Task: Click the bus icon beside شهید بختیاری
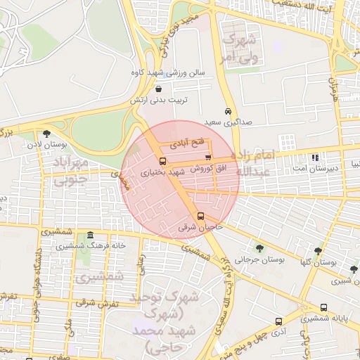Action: pos(163,161)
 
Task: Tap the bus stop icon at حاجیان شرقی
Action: pos(201,217)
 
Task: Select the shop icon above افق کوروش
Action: pos(207,157)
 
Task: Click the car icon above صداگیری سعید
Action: pos(228,112)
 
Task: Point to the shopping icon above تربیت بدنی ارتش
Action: pos(157,90)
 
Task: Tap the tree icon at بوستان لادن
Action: pos(46,134)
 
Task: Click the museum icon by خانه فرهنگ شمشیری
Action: pos(90,236)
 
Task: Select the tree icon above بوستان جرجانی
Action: pos(260,247)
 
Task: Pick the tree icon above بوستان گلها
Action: pos(318,250)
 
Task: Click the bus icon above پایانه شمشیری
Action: pos(323,308)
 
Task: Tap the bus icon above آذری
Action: pos(279,322)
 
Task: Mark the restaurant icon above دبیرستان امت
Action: pos(314,157)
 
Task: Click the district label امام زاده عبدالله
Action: pos(251,162)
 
